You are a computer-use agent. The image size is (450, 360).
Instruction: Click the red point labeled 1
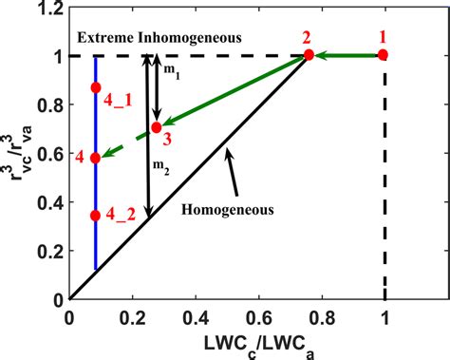tap(384, 55)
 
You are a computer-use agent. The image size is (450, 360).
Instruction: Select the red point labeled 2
tap(309, 55)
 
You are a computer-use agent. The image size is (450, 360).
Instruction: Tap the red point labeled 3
tap(157, 127)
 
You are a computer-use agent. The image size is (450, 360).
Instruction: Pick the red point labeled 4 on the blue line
tap(95, 158)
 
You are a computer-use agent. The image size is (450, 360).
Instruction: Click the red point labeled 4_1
tap(95, 87)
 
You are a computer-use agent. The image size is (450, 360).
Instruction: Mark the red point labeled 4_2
tap(95, 216)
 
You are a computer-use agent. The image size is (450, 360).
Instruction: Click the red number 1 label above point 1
tap(384, 36)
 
